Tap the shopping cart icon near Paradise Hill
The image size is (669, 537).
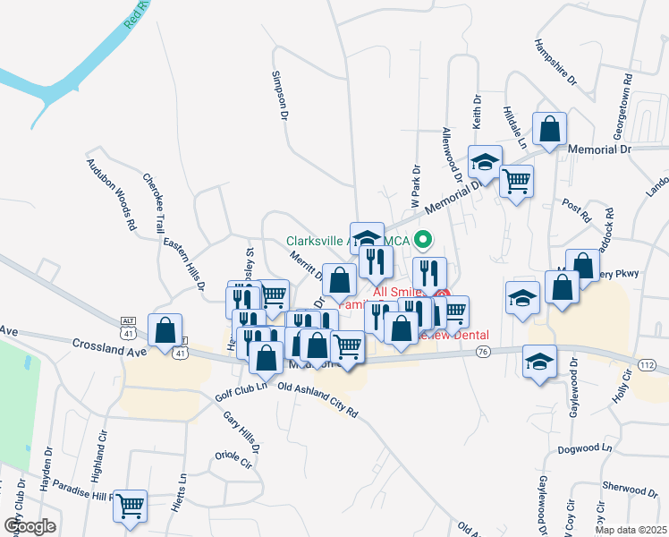point(131,506)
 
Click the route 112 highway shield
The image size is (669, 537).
point(648,363)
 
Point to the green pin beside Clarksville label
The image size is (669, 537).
point(426,239)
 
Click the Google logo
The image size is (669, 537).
point(29,525)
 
